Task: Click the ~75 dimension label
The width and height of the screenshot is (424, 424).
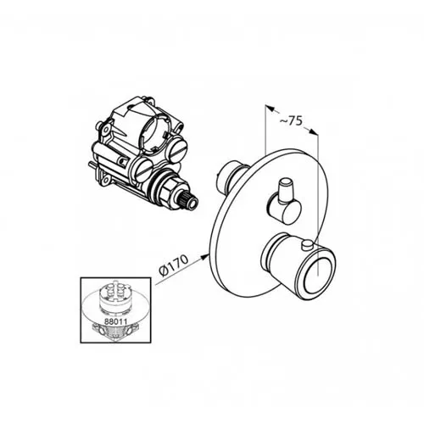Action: (291, 120)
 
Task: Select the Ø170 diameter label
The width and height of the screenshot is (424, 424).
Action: (173, 265)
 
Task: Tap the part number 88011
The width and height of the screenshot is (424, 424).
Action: (114, 321)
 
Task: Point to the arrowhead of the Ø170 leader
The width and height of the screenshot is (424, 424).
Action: (204, 256)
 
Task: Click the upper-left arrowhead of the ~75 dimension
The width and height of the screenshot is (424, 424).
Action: (270, 109)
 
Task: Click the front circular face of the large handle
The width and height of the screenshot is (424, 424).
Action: (319, 274)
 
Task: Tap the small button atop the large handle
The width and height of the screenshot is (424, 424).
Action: (307, 245)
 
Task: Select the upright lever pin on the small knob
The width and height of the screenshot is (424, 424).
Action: (286, 190)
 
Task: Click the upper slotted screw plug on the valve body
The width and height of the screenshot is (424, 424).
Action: (180, 146)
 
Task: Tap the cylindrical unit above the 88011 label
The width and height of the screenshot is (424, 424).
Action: (114, 297)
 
